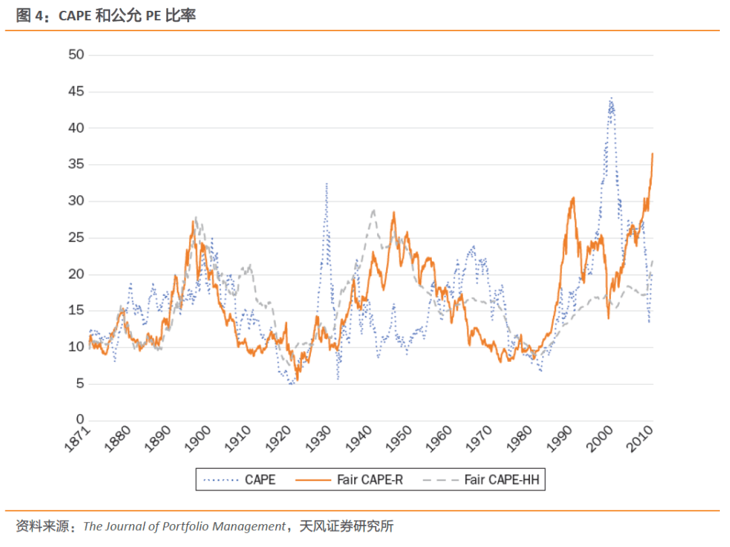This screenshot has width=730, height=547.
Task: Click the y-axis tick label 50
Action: (x=76, y=55)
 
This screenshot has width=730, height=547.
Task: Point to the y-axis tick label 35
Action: (x=76, y=163)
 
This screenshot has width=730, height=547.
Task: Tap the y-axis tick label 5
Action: (x=80, y=384)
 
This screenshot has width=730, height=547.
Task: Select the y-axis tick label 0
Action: (x=80, y=419)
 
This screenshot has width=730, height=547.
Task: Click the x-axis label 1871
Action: (x=77, y=439)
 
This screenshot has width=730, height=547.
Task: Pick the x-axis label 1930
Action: (x=318, y=439)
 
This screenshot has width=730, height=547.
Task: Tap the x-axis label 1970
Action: (x=479, y=439)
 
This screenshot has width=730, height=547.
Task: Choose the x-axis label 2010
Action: (x=639, y=439)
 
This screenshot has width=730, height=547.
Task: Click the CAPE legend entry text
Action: (x=260, y=479)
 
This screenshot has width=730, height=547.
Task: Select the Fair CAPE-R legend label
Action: (x=370, y=479)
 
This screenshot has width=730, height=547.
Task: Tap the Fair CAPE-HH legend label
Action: (x=502, y=479)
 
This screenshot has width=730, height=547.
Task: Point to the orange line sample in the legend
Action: (x=313, y=480)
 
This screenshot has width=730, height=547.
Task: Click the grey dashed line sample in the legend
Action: (x=441, y=480)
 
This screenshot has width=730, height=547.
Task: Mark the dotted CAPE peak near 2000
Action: (x=611, y=98)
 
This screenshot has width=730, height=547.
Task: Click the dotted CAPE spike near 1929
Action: (x=326, y=184)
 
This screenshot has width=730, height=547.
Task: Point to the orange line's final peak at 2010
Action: (x=652, y=153)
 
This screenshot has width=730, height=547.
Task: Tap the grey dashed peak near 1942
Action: (x=373, y=210)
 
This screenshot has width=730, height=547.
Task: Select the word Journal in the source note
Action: (x=126, y=527)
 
